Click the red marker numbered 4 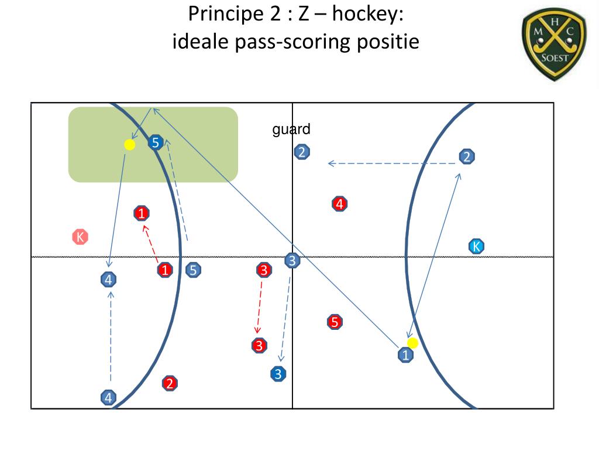coord(340,204)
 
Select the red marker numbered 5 coord(334,322)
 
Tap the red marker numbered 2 coord(170,384)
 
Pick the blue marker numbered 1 coord(405,354)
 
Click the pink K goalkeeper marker coord(80,237)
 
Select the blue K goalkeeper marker coord(476,246)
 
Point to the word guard coord(291,129)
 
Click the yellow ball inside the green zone coord(130,144)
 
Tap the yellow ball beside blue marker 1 coord(412,343)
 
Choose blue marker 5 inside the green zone coord(155,142)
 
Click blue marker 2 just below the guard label coord(302,152)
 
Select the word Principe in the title coord(219,14)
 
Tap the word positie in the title coord(393,42)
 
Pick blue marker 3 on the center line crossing coord(292,261)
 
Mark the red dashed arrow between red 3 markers coord(259,306)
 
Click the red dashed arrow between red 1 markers coord(150,242)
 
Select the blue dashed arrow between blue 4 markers coord(111,336)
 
